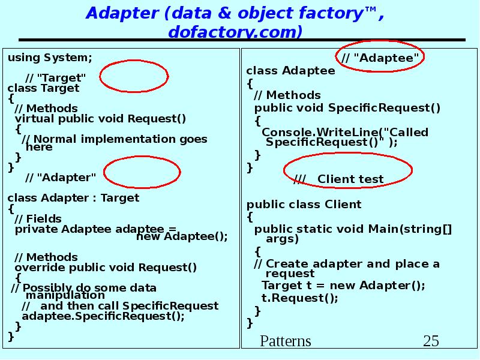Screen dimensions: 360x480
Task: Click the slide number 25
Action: pyautogui.click(x=431, y=341)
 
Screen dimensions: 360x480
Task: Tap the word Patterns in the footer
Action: pyautogui.click(x=286, y=341)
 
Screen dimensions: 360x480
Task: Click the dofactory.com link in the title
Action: pyautogui.click(x=235, y=31)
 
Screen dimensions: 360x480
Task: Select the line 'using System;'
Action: pyautogui.click(x=50, y=58)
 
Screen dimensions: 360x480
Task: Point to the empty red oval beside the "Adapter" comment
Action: pyautogui.click(x=142, y=173)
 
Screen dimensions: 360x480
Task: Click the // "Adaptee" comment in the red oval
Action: pyautogui.click(x=380, y=58)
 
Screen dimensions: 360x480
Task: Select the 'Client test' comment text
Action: pyautogui.click(x=350, y=179)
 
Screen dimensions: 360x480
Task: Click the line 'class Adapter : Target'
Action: pyautogui.click(x=73, y=197)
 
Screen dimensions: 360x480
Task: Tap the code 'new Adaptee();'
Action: pyautogui.click(x=182, y=236)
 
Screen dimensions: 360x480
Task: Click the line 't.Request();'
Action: pyautogui.click(x=300, y=298)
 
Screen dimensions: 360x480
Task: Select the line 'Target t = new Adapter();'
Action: pyautogui.click(x=343, y=285)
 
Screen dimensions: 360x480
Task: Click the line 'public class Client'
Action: pyautogui.click(x=304, y=204)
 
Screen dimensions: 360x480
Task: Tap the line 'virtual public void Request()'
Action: pyautogui.click(x=100, y=118)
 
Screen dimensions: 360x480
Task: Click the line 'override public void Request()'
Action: pyautogui.click(x=106, y=267)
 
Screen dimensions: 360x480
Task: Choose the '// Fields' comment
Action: pyautogui.click(x=38, y=218)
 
